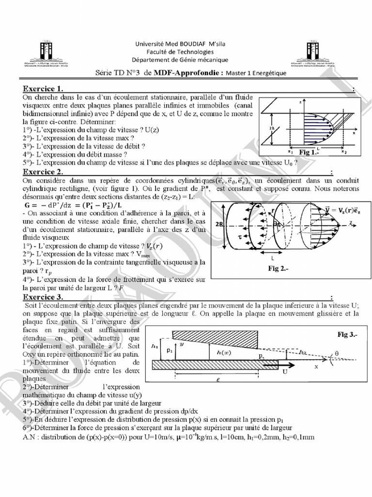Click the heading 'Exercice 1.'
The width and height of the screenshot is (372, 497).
click(x=43, y=89)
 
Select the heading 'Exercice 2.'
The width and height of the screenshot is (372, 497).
click(x=43, y=172)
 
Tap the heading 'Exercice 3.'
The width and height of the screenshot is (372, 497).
click(x=43, y=297)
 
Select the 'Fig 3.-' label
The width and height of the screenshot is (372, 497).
click(x=349, y=335)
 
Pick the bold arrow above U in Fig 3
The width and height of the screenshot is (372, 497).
click(x=289, y=364)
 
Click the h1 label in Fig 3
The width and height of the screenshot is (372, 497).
click(x=155, y=346)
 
